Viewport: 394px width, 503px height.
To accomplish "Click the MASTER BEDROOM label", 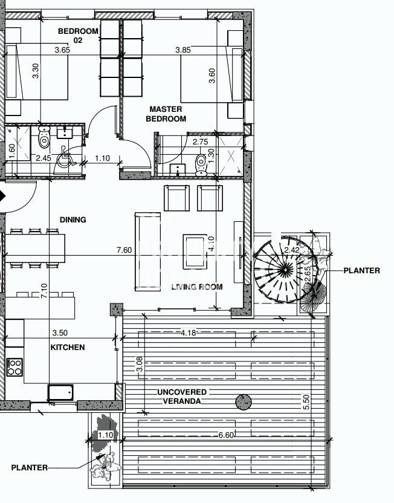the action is (166, 114).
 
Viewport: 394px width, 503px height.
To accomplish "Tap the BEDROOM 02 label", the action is (78, 35).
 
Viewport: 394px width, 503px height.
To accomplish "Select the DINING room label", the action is (73, 219).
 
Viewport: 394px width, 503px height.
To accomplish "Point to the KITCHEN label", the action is (68, 347).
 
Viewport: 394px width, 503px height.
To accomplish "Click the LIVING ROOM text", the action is (197, 287).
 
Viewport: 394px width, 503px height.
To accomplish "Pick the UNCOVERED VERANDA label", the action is (182, 397).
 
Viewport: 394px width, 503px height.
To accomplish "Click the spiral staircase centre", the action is (284, 270).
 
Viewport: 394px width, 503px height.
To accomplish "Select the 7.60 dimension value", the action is (124, 250).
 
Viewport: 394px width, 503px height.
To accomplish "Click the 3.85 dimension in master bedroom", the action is (183, 50).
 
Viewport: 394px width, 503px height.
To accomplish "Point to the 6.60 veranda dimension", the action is (226, 435).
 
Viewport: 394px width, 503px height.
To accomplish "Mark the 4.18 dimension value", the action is (188, 333).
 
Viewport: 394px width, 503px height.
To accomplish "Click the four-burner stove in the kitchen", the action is (15, 368).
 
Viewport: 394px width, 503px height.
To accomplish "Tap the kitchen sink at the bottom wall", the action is (60, 392).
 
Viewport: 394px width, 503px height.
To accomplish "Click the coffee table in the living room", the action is (195, 252).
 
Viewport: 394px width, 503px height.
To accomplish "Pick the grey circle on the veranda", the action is (244, 401).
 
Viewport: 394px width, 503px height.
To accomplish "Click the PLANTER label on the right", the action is (361, 270).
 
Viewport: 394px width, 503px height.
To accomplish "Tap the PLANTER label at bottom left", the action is (29, 468).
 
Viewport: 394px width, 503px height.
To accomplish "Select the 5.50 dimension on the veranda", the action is (306, 401).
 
